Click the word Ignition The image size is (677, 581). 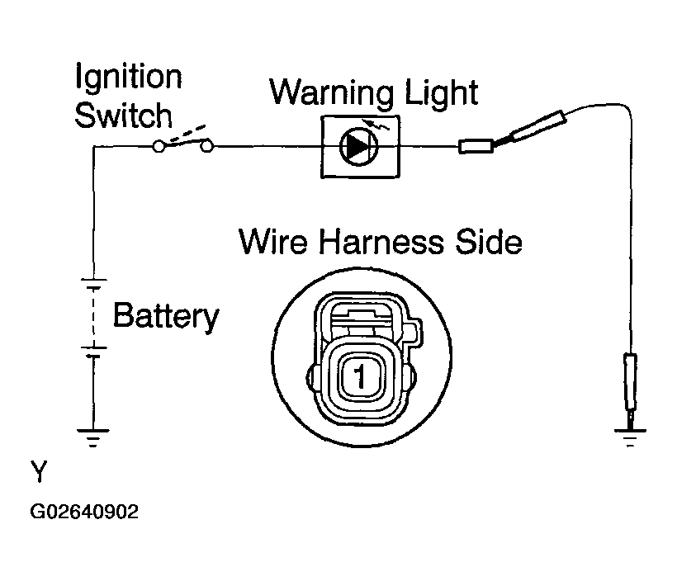129,78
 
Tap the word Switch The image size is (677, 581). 124,115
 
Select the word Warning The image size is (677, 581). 331,93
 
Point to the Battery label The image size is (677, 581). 166,316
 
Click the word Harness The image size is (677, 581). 381,242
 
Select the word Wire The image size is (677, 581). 273,242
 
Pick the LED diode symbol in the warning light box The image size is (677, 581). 358,147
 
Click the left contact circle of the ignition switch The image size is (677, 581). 159,147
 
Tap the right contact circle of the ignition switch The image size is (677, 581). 207,147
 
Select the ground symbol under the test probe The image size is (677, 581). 630,437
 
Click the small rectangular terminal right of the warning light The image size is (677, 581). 476,146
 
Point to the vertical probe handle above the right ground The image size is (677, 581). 630,381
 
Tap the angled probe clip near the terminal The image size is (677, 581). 531,129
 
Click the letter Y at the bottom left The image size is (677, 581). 39,471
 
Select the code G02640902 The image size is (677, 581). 84,512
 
